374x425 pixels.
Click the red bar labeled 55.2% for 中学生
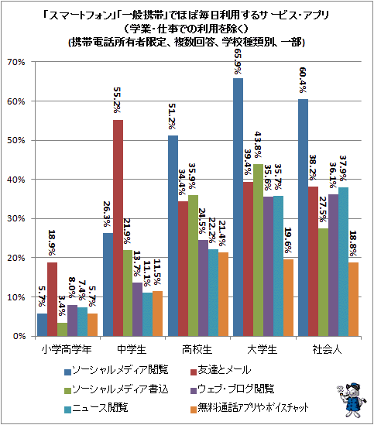(118, 228)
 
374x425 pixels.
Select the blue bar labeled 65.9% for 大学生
(238, 207)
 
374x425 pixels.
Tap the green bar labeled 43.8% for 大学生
(258, 250)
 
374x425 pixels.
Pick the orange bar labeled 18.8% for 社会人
(353, 300)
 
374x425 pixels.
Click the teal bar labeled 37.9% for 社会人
(343, 262)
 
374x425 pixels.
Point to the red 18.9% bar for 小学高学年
(53, 300)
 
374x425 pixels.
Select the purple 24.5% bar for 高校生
(203, 288)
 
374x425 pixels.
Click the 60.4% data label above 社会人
(303, 80)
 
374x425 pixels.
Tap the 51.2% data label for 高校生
(172, 116)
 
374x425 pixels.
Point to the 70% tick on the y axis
(16, 62)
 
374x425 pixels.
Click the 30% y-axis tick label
(16, 218)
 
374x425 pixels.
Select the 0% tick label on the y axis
(19, 336)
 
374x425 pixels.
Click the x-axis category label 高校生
(197, 350)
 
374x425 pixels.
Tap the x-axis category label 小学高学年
(67, 350)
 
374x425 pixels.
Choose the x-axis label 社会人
(328, 350)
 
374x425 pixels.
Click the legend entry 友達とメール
(221, 370)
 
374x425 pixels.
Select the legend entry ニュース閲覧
(96, 408)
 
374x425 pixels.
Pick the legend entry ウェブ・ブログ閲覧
(232, 389)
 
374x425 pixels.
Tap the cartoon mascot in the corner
(352, 400)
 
